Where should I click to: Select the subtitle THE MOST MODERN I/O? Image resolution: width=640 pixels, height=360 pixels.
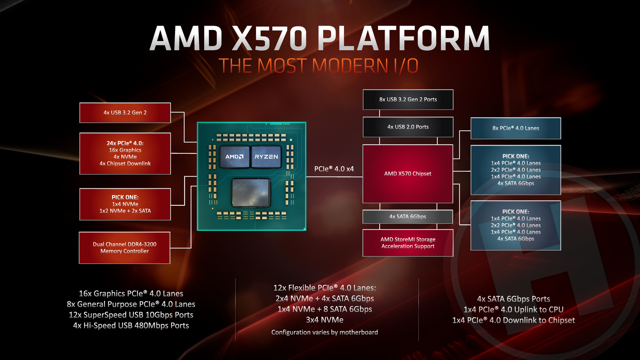click(x=318, y=66)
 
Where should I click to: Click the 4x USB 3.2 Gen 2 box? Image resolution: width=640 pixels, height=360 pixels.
click(x=125, y=113)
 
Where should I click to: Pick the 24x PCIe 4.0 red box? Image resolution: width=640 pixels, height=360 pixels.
click(x=125, y=153)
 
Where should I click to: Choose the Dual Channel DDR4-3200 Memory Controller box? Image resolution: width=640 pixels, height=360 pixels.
click(x=125, y=248)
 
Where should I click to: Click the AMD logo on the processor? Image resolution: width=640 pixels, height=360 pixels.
click(x=234, y=157)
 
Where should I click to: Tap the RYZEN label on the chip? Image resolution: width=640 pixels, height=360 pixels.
click(x=266, y=157)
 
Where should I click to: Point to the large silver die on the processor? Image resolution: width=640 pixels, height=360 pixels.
click(x=251, y=192)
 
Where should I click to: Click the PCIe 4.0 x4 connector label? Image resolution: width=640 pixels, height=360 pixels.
click(x=334, y=169)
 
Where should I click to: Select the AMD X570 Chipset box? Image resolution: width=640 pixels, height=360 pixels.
click(x=408, y=174)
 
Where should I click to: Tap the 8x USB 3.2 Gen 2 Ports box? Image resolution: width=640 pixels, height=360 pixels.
click(x=408, y=99)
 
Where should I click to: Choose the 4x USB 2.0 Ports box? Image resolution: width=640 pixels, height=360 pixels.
click(x=408, y=127)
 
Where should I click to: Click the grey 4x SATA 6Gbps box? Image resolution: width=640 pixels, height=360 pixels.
click(x=408, y=217)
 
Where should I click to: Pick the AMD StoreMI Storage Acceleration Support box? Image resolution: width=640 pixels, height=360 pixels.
click(x=408, y=243)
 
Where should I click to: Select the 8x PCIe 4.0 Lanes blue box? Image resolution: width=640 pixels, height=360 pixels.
click(x=516, y=128)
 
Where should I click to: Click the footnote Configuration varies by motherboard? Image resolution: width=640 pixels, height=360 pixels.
click(x=325, y=332)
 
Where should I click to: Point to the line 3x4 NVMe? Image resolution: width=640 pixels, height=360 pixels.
click(x=325, y=320)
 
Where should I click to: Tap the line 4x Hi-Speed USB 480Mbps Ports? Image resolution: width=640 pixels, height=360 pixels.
click(x=131, y=326)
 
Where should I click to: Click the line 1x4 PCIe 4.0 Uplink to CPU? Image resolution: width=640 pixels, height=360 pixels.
click(x=513, y=310)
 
